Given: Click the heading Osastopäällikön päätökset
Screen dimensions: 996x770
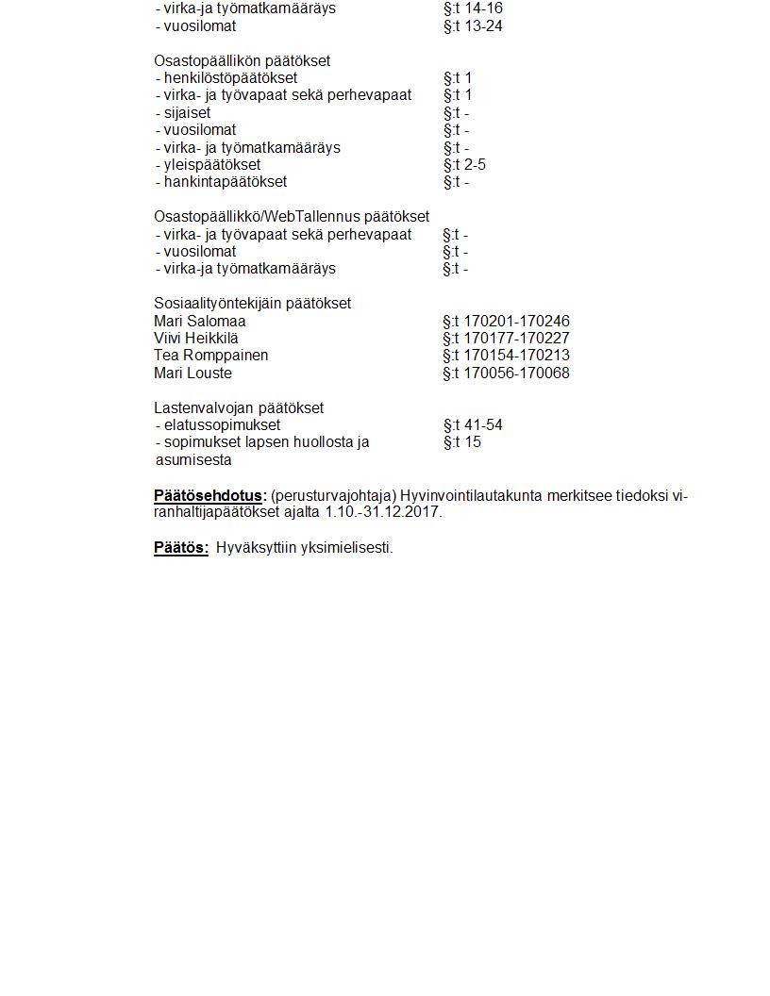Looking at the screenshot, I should (x=242, y=60).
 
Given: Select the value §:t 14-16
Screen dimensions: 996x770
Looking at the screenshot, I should (x=473, y=8).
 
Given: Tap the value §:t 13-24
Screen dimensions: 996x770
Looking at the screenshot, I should (x=473, y=26).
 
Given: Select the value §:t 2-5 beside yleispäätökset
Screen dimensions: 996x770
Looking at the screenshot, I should (x=464, y=165).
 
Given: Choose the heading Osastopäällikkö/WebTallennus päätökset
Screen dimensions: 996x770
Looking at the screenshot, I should (x=292, y=217).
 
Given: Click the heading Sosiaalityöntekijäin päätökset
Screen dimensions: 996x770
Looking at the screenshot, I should (x=252, y=304).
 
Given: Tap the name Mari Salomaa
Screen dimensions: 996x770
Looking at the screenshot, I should (x=199, y=322).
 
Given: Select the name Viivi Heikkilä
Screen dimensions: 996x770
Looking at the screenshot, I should (x=196, y=339).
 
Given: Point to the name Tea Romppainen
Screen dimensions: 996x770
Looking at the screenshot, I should (x=210, y=356).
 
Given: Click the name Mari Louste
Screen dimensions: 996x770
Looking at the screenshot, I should (x=192, y=373).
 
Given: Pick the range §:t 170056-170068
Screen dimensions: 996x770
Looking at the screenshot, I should (x=506, y=373).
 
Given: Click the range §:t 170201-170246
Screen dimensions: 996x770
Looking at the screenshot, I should (x=506, y=322).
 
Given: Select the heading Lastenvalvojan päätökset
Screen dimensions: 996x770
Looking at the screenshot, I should (x=239, y=408).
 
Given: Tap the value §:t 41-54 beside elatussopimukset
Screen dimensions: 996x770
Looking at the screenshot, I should (x=473, y=425).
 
